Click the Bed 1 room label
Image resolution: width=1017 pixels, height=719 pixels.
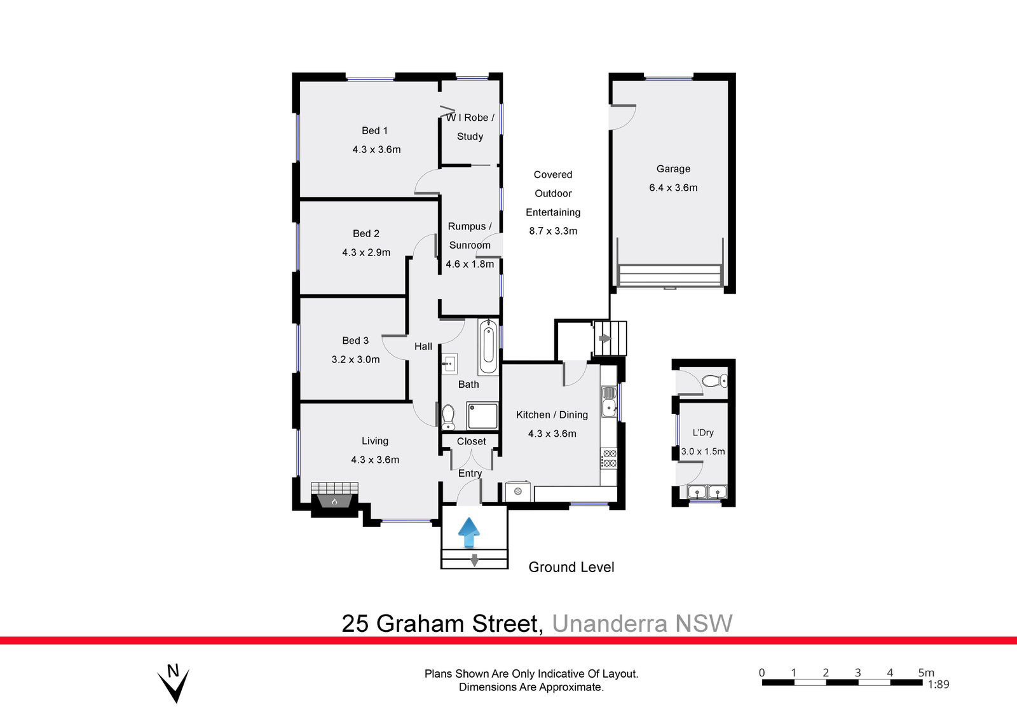coord(374,130)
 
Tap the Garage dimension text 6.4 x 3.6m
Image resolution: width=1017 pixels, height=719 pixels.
coord(673,188)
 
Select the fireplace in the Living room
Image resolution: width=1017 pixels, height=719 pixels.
coord(334,495)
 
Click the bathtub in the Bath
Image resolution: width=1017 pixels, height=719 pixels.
coord(488,347)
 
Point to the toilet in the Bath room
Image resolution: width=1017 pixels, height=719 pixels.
coord(448,416)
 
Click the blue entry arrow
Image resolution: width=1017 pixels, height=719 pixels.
coord(469,532)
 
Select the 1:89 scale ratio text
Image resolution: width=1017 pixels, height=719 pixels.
coord(938,685)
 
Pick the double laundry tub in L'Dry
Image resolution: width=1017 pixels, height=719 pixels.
coord(707,491)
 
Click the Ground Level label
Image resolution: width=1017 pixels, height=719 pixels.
coord(571,567)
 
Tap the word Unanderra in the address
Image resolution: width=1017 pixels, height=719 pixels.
coord(610,624)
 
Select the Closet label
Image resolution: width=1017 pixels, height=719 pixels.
coord(471,441)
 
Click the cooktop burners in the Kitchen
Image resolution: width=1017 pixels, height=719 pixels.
coord(609,458)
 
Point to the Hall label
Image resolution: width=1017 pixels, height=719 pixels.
coord(423,346)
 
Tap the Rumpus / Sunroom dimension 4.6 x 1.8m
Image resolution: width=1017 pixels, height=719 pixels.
coord(470,264)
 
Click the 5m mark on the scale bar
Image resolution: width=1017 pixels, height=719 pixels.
coord(925,673)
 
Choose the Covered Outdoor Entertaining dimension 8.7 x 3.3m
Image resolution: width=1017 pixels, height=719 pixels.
coord(553,231)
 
